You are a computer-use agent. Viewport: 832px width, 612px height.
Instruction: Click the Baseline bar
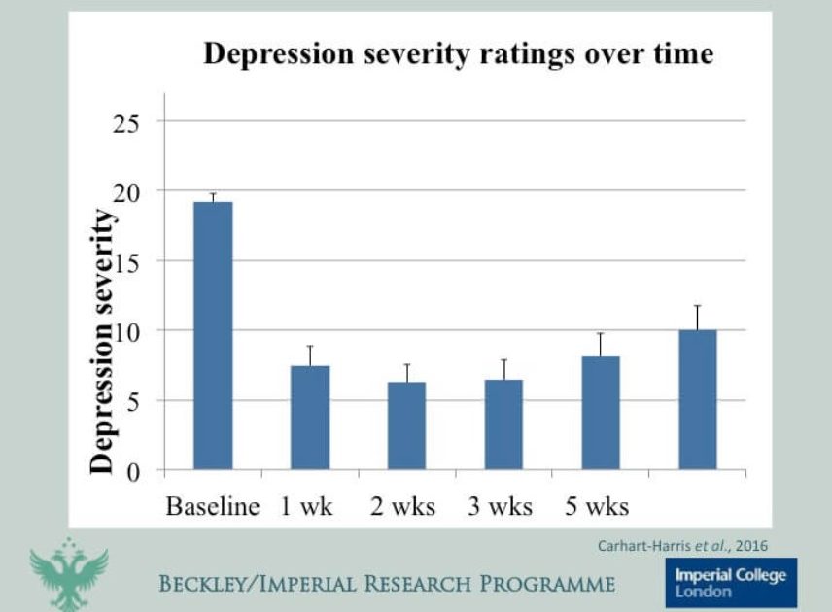(213, 336)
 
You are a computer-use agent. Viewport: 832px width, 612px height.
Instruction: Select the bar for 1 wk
(309, 418)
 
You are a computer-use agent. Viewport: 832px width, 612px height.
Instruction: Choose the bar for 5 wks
(601, 413)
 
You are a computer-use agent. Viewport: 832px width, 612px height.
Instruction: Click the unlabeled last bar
(697, 400)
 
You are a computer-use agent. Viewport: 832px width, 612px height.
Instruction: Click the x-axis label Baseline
(213, 506)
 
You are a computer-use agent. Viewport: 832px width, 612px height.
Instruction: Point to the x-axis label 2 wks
(402, 506)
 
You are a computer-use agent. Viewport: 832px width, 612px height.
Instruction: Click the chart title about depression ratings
(458, 54)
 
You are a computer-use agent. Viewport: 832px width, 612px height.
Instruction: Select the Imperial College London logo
(731, 582)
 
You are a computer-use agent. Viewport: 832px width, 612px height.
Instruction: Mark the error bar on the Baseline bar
(213, 197)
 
